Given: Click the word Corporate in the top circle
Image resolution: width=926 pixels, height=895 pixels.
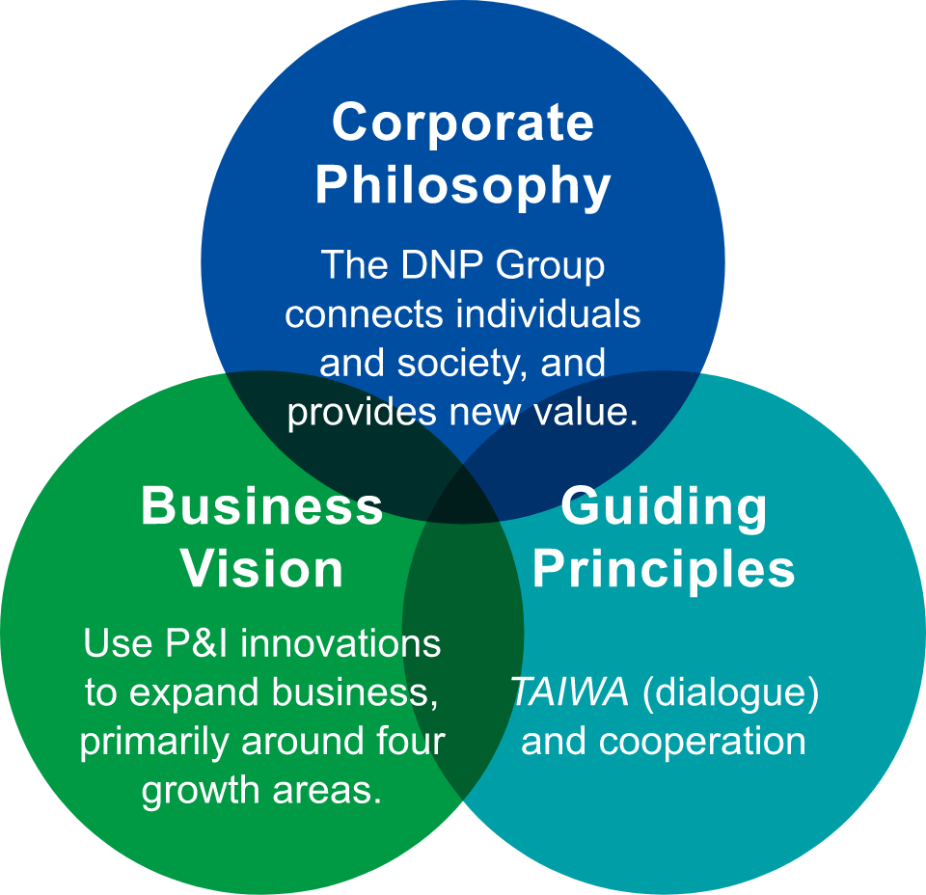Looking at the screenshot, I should click(x=463, y=124).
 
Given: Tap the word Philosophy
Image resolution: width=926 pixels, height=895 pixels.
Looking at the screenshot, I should click(x=463, y=185).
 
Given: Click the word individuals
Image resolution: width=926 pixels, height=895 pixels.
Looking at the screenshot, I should click(x=545, y=314).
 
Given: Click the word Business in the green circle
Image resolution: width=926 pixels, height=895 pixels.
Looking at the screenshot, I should click(x=262, y=507).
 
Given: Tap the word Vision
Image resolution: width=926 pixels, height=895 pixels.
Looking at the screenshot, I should click(x=262, y=569).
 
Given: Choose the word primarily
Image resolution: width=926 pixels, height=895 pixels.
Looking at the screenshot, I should click(x=154, y=742).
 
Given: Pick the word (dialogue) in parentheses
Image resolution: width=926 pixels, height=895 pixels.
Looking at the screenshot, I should click(x=730, y=692).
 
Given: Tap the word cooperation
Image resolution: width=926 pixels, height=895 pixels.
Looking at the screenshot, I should click(x=702, y=742).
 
